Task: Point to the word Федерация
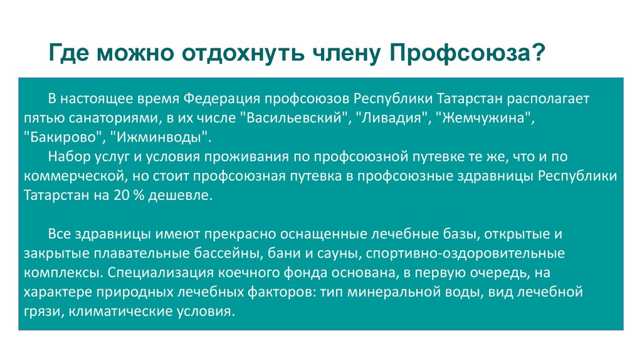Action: coord(224,99)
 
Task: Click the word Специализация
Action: coord(151,273)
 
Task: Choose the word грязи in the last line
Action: coord(40,312)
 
